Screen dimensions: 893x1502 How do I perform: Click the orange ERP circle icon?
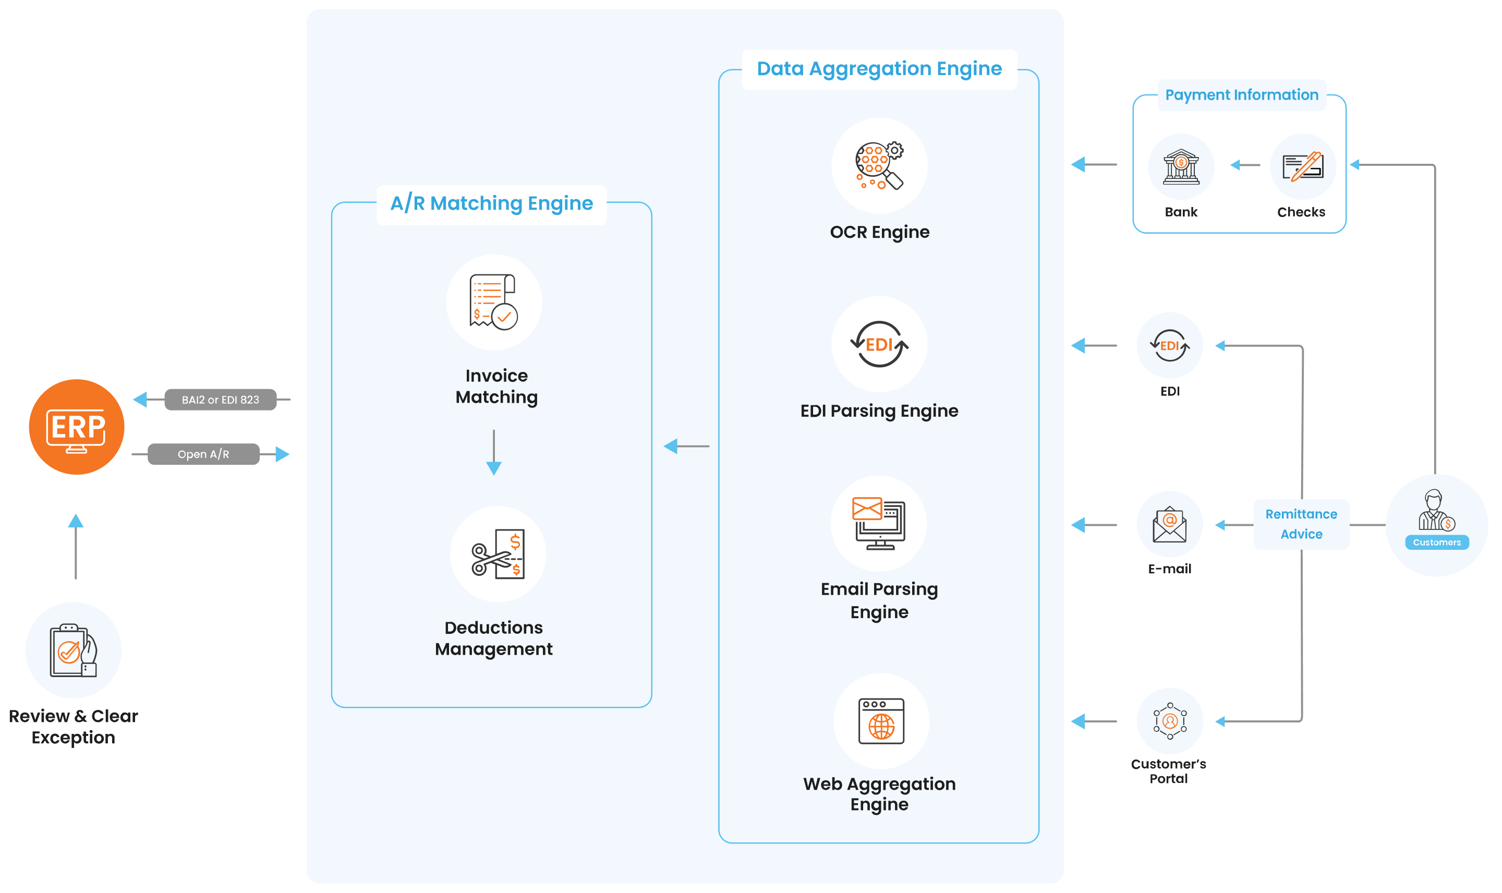[x=76, y=427]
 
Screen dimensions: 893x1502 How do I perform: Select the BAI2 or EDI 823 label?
[x=220, y=400]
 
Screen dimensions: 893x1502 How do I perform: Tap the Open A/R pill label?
[x=203, y=454]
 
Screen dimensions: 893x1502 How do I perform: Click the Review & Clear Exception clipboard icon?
[x=74, y=650]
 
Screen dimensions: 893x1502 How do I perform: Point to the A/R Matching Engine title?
[x=491, y=203]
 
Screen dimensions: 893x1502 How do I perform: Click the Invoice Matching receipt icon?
[x=494, y=302]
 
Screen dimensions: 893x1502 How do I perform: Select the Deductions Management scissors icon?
[x=498, y=553]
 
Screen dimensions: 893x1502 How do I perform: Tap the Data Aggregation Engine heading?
[x=879, y=69]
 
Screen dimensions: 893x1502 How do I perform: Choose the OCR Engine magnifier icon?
[x=879, y=165]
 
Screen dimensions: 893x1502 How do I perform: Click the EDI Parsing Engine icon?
[x=879, y=344]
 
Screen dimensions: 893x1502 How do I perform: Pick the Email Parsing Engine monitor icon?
[x=879, y=524]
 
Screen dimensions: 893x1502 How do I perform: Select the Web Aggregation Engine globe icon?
[x=881, y=721]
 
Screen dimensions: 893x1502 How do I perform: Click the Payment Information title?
[x=1242, y=95]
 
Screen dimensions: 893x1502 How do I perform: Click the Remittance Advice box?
[x=1301, y=524]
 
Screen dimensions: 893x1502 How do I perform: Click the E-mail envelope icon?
[x=1169, y=524]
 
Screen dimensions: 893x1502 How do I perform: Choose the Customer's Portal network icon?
[x=1170, y=721]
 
